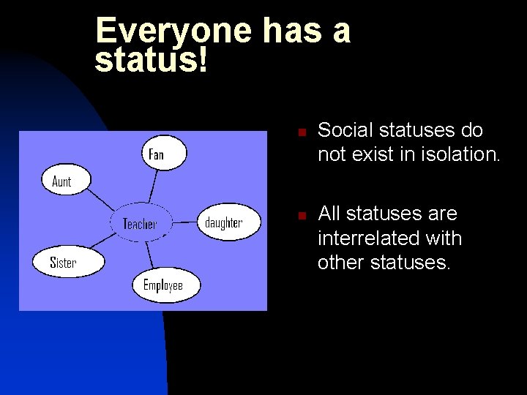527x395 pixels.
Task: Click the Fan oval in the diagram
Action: [x=163, y=154]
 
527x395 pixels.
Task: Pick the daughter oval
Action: [x=229, y=222]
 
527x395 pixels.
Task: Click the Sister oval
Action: [x=67, y=262]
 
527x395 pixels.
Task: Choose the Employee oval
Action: [x=165, y=285]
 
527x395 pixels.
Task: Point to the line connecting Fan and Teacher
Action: [x=152, y=187]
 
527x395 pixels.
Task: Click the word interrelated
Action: [x=389, y=238]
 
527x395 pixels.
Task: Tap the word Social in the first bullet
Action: [x=342, y=130]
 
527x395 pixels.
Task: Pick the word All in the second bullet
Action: [x=329, y=214]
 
